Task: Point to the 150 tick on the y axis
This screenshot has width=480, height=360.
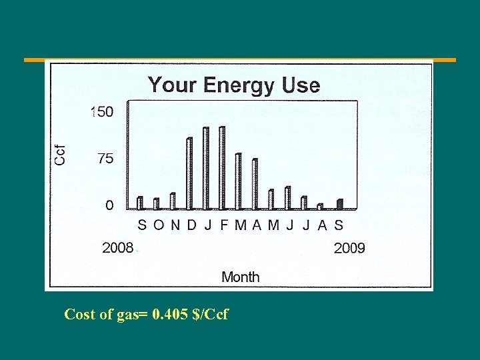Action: (x=102, y=112)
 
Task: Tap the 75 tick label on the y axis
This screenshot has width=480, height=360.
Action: (x=105, y=159)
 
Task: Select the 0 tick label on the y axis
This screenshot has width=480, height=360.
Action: (x=109, y=205)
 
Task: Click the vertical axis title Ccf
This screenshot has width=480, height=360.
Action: (x=60, y=155)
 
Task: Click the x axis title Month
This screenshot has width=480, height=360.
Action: (x=240, y=276)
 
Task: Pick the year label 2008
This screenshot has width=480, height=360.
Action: (x=117, y=248)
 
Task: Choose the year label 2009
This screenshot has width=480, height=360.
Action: (x=349, y=248)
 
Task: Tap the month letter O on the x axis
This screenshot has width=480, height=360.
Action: (x=158, y=225)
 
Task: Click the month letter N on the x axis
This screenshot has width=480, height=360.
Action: (x=175, y=225)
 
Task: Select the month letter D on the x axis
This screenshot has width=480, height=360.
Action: (x=191, y=225)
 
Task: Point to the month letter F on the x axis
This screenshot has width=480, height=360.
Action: (x=224, y=225)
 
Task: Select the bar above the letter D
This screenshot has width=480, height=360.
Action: (x=189, y=173)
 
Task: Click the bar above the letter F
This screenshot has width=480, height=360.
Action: (x=222, y=167)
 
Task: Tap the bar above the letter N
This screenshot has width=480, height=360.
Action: (x=173, y=201)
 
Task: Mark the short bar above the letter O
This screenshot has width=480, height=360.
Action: (x=157, y=203)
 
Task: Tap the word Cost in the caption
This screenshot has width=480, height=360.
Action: (x=79, y=314)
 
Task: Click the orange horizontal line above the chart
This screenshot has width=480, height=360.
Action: (x=240, y=60)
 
